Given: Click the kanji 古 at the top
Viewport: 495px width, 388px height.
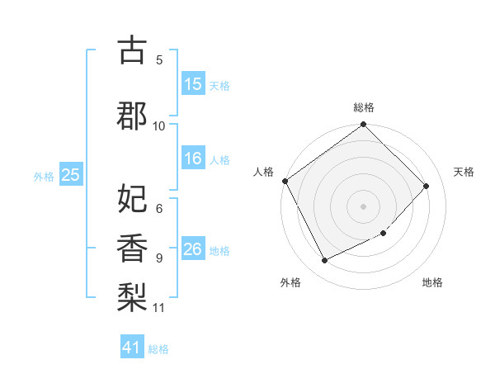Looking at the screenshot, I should pyautogui.click(x=132, y=51).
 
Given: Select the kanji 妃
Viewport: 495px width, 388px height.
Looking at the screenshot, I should pyautogui.click(x=132, y=199).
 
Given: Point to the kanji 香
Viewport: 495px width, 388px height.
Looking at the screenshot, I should pyautogui.click(x=132, y=247).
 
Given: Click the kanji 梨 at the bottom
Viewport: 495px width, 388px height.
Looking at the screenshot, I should pyautogui.click(x=132, y=296).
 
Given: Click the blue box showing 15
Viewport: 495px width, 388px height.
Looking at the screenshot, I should pyautogui.click(x=193, y=84).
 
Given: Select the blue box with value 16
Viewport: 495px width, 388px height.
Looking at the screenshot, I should pyautogui.click(x=193, y=159).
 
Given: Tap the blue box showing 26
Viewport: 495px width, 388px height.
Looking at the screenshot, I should pyautogui.click(x=193, y=250).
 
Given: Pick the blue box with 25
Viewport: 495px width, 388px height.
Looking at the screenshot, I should pyautogui.click(x=70, y=175).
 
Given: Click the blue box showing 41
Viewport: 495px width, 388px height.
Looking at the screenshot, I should pyautogui.click(x=133, y=348).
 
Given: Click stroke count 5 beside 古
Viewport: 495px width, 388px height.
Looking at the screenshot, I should pyautogui.click(x=159, y=59).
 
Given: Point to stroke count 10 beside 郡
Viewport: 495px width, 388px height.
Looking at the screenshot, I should pyautogui.click(x=159, y=125).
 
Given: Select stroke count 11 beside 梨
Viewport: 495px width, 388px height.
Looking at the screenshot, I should pyautogui.click(x=159, y=308).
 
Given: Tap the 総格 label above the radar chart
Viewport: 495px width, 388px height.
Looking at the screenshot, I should pyautogui.click(x=364, y=107).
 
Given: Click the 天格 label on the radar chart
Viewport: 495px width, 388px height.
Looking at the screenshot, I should pyautogui.click(x=464, y=172).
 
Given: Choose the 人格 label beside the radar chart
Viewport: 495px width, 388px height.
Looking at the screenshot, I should pyautogui.click(x=263, y=172).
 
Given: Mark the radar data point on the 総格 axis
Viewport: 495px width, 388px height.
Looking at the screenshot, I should pyautogui.click(x=364, y=125).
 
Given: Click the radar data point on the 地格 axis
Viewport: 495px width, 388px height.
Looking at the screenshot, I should pyautogui.click(x=384, y=233).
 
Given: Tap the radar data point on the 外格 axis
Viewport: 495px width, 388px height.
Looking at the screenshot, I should pyautogui.click(x=325, y=260).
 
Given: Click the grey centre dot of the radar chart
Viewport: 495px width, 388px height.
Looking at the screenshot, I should pyautogui.click(x=364, y=206).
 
